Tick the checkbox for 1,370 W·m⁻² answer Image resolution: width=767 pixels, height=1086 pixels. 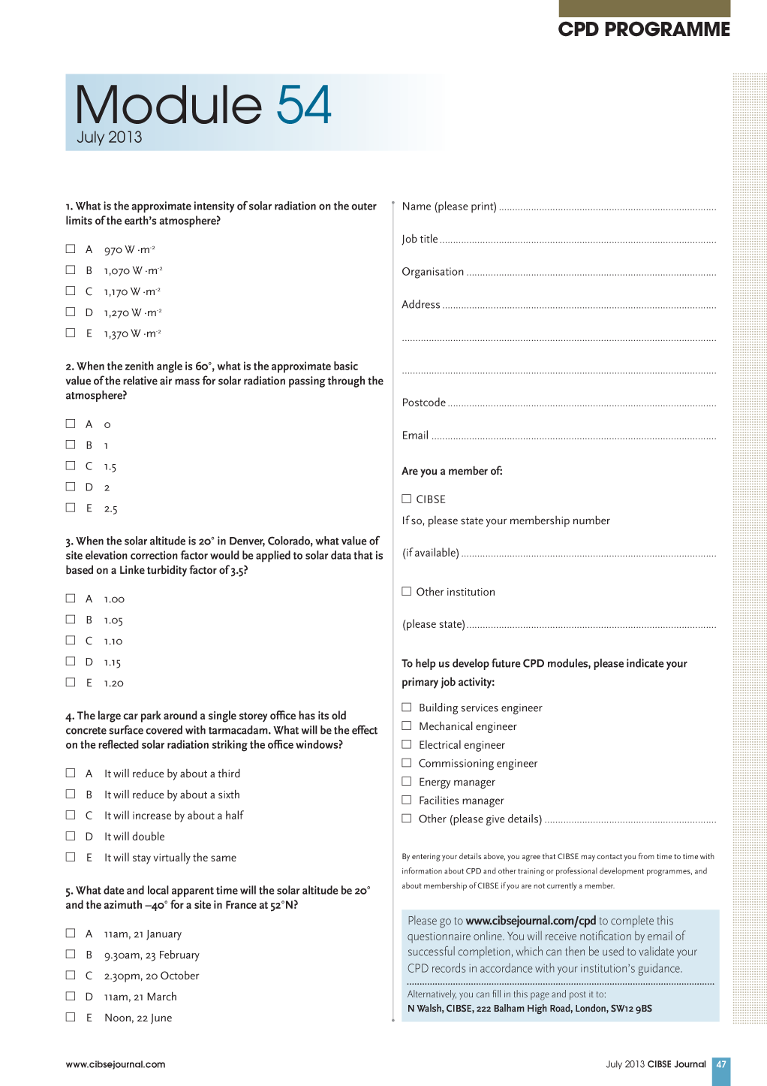71,333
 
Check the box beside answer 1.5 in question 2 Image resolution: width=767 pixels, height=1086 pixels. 71,466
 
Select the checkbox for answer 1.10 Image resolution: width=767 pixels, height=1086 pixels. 71,640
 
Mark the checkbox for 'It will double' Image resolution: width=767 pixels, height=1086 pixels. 71,836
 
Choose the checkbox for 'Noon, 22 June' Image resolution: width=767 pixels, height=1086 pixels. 71,1017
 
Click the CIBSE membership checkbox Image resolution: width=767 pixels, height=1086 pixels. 407,499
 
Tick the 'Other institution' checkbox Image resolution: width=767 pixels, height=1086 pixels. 407,591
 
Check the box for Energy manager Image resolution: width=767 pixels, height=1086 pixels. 407,781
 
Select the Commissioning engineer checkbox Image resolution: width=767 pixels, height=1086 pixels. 407,762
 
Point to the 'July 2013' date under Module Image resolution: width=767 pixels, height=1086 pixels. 110,137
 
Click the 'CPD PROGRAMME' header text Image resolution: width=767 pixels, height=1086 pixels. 644,29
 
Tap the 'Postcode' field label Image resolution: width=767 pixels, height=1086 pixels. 424,403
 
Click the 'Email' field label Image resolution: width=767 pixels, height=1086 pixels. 415,436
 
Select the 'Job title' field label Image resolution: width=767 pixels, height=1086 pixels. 420,239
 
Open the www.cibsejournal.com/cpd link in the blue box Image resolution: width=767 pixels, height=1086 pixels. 531,921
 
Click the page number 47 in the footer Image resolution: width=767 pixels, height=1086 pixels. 720,1064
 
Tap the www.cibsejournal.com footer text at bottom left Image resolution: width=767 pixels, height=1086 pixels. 116,1064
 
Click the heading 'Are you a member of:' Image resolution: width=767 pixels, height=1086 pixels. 452,471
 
